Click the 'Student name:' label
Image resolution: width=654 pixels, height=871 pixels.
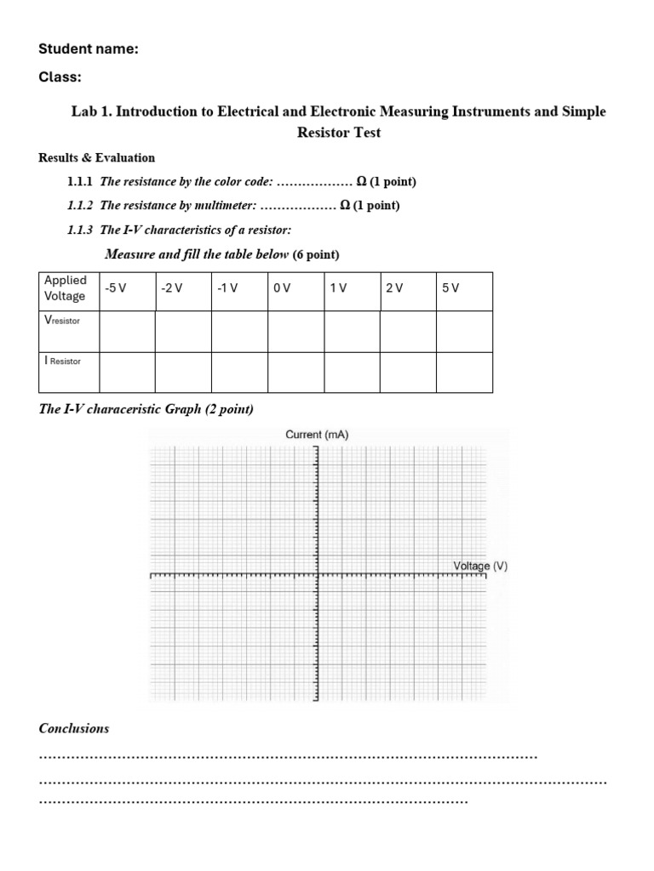pyautogui.click(x=89, y=49)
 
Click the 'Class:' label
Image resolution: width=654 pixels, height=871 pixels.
pyautogui.click(x=60, y=77)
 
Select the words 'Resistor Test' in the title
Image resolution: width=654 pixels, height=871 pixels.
pyautogui.click(x=338, y=133)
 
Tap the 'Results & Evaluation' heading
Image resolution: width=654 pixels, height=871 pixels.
pyautogui.click(x=97, y=157)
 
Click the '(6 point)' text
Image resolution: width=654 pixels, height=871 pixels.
pyautogui.click(x=315, y=254)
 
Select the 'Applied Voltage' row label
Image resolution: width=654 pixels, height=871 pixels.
pyautogui.click(x=66, y=288)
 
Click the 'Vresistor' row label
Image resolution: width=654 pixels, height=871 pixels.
pyautogui.click(x=62, y=321)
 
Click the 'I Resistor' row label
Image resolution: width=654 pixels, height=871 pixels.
pyautogui.click(x=62, y=361)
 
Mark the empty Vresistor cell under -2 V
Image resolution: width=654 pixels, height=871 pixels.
pyautogui.click(x=182, y=331)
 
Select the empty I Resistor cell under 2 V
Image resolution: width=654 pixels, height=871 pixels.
pyautogui.click(x=407, y=372)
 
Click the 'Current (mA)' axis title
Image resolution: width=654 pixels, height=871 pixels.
pyautogui.click(x=317, y=435)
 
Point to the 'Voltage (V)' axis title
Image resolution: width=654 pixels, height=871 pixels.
pyautogui.click(x=480, y=566)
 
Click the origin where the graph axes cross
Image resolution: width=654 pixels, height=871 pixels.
pyautogui.click(x=317, y=575)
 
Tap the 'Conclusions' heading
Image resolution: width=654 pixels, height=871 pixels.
pyautogui.click(x=74, y=728)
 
